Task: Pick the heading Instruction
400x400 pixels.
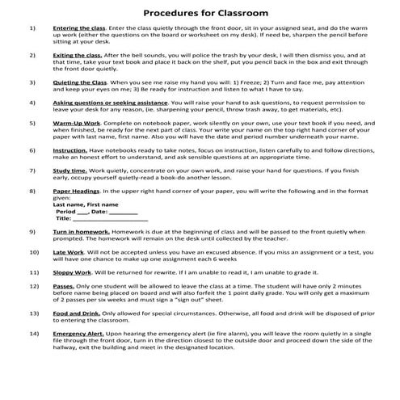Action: (70, 150)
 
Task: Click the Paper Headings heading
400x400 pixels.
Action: (79, 192)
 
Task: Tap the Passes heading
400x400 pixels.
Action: (64, 287)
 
